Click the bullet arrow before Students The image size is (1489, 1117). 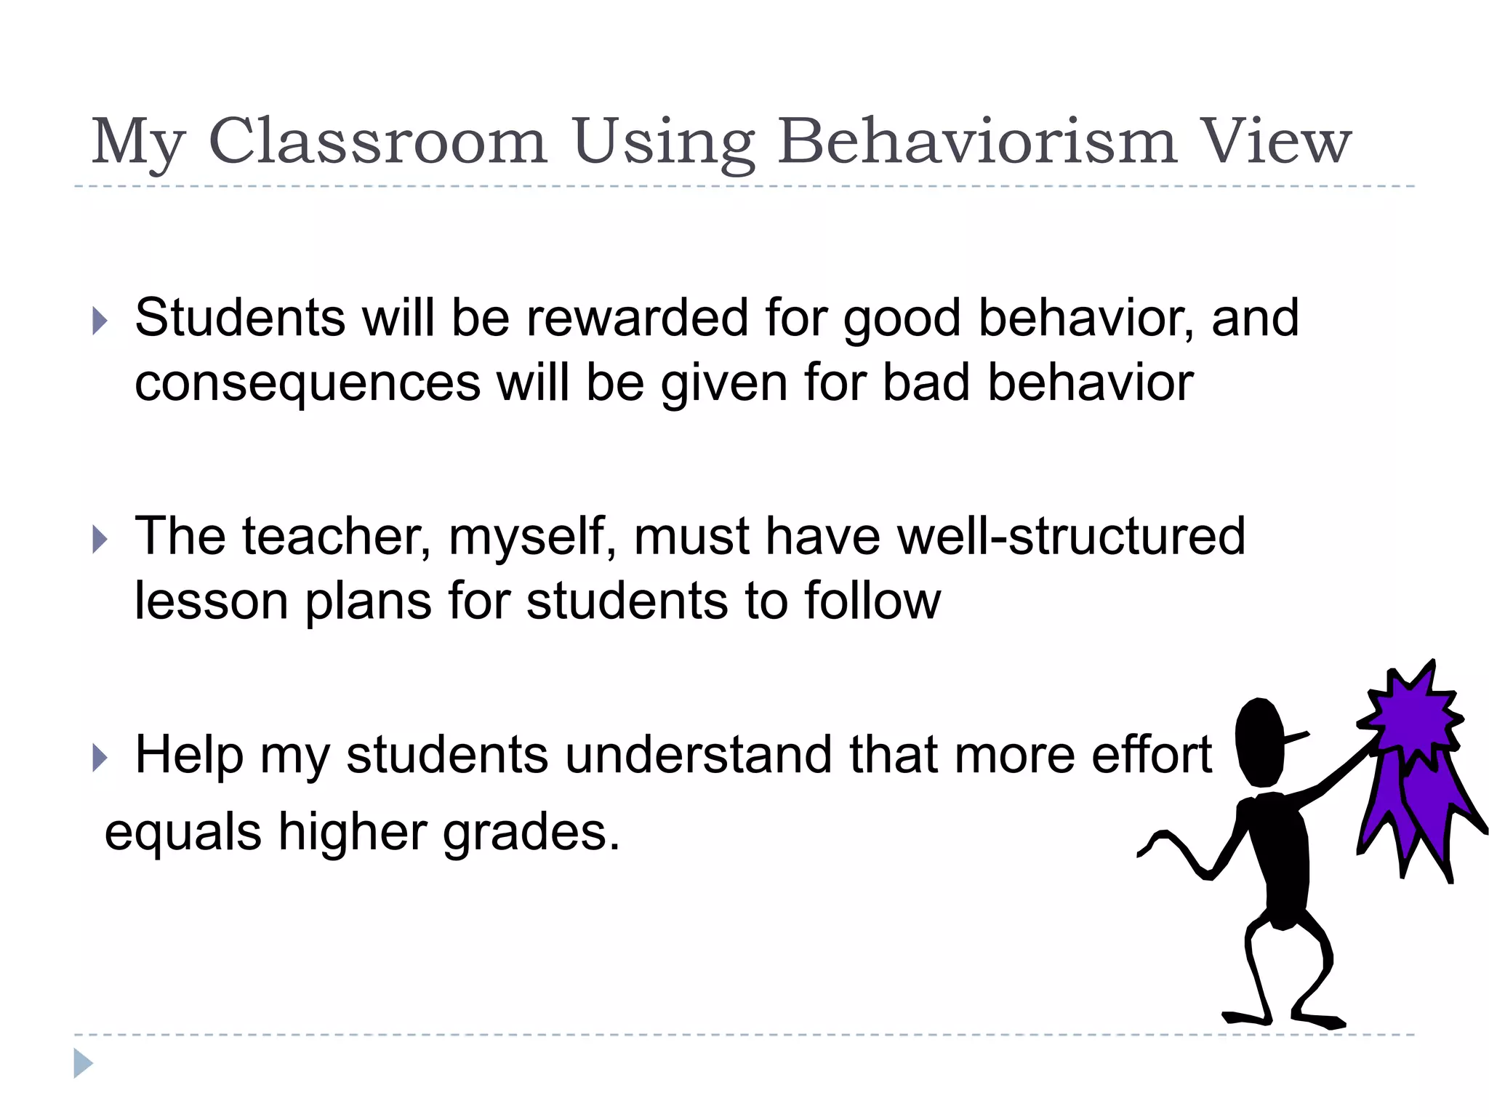[x=100, y=321]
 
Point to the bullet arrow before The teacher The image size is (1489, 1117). [x=100, y=540]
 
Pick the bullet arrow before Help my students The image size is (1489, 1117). [x=100, y=758]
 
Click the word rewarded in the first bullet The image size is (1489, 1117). [x=637, y=318]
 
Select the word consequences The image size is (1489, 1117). [x=308, y=383]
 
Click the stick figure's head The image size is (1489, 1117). [x=1261, y=742]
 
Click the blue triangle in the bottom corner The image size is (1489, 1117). [x=83, y=1063]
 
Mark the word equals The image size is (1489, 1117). [x=182, y=833]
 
